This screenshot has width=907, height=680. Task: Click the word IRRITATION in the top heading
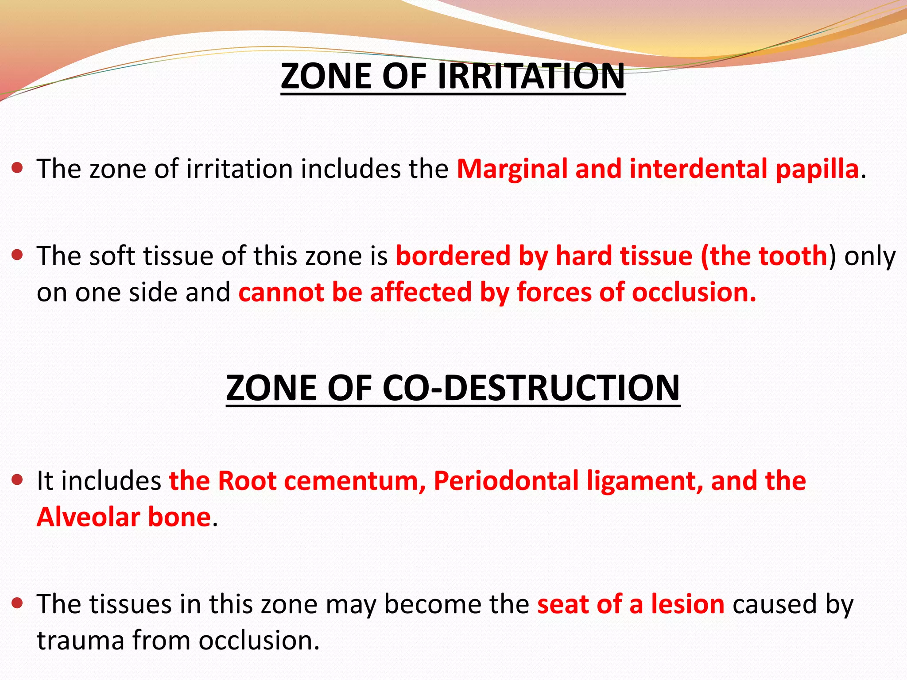(x=531, y=76)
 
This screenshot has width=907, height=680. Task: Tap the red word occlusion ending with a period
(x=694, y=293)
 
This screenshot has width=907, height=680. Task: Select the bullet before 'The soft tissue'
(x=17, y=255)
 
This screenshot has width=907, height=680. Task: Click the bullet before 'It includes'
(x=17, y=480)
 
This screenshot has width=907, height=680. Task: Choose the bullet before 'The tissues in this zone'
(x=17, y=603)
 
